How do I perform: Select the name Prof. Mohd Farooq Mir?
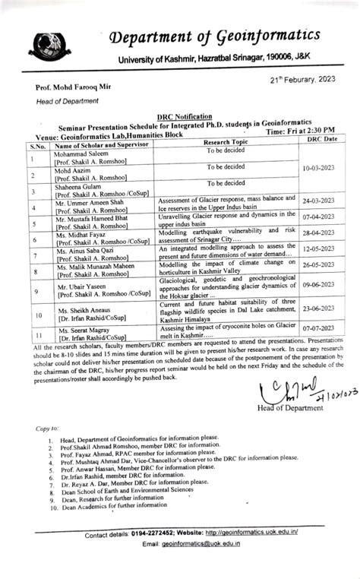pos(72,90)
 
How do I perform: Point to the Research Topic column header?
pos(226,142)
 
